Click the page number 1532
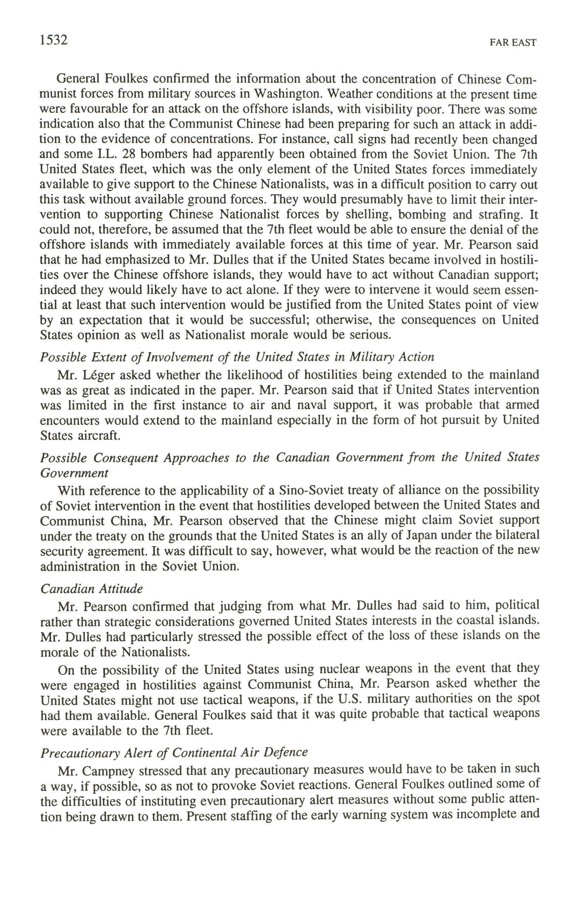[x=53, y=40]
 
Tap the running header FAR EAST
[x=513, y=43]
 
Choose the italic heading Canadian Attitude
[x=91, y=589]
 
